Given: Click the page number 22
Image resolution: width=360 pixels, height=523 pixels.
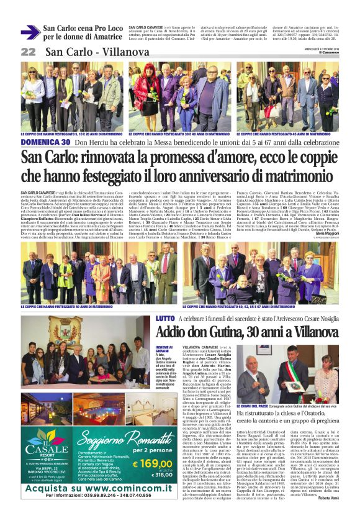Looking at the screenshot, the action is pyautogui.click(x=29, y=52).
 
